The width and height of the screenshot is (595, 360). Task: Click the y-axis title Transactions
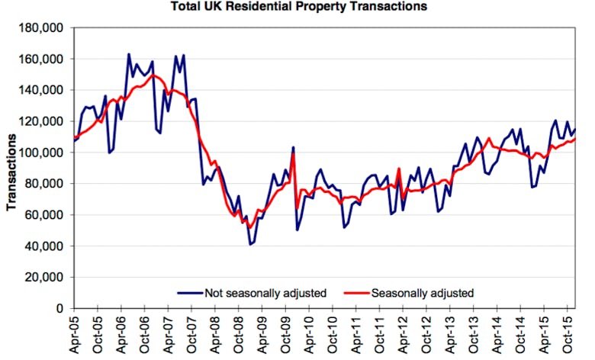tap(13, 171)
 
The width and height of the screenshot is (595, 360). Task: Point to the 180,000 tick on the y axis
tap(45, 28)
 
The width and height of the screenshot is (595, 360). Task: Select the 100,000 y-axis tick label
tap(45, 153)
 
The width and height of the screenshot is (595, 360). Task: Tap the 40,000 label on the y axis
tap(48, 246)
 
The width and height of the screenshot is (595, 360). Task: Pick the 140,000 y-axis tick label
tap(45, 90)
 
